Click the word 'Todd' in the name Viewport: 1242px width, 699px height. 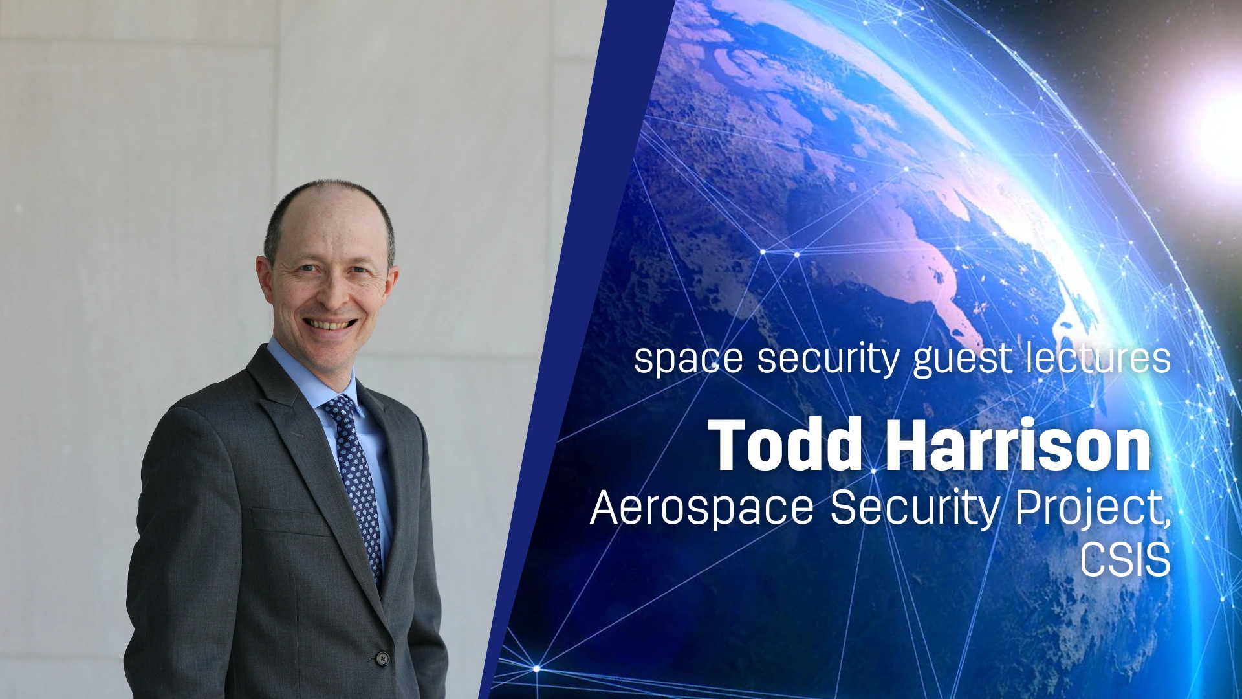click(x=785, y=445)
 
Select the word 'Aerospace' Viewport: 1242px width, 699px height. click(x=702, y=507)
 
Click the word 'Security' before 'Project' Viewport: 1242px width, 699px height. click(x=915, y=507)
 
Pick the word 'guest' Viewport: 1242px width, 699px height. click(x=963, y=359)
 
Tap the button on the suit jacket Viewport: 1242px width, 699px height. click(x=383, y=658)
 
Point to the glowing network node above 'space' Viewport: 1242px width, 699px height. click(x=763, y=251)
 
